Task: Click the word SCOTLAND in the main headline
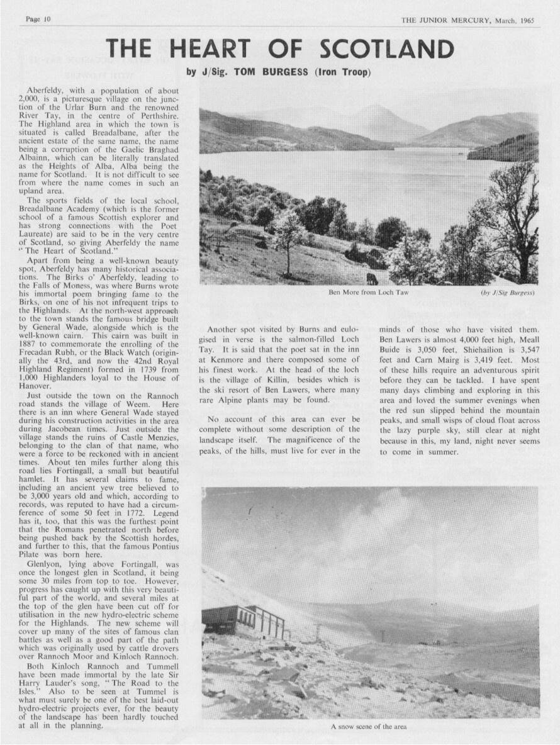[x=386, y=49]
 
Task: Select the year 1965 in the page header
[x=527, y=20]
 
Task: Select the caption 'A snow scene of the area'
[x=369, y=726]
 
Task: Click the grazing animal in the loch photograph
[x=372, y=278]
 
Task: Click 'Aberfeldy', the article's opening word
[x=47, y=91]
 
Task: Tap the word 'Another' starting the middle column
[x=225, y=329]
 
